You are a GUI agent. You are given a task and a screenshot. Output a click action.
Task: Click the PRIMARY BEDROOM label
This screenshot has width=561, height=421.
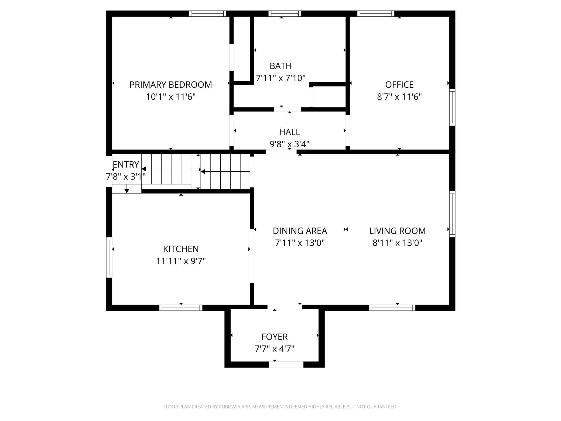170,85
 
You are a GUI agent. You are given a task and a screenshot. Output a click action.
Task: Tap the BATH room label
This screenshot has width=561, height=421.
280,66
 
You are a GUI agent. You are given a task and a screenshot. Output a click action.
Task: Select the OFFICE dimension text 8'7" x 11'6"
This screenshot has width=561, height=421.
399,97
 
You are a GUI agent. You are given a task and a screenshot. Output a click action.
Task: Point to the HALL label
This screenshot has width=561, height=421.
289,132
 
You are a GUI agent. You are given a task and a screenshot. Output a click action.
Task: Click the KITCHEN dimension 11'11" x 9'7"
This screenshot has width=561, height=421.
181,261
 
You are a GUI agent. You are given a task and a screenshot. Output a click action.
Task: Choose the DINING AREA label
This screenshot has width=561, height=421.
300,231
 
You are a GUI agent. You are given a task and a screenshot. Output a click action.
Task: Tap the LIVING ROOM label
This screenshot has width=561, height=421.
397,231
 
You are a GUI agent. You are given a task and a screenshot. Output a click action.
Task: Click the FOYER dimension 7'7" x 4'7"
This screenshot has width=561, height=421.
274,349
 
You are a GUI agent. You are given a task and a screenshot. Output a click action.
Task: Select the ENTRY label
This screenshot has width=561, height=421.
126,164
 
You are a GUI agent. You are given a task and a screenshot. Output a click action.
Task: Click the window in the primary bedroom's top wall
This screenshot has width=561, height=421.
207,13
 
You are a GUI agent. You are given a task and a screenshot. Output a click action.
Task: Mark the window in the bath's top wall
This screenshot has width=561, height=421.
285,13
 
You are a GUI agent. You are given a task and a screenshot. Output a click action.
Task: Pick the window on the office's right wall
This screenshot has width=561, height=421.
452,107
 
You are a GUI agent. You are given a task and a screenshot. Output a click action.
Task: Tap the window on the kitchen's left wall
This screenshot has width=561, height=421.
109,257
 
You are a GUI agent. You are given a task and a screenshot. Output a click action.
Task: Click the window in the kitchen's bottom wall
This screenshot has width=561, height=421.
181,308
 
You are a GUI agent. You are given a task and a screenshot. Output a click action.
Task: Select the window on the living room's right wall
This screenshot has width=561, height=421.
452,214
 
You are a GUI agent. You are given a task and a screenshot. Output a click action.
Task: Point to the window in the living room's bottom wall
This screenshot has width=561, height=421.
392,308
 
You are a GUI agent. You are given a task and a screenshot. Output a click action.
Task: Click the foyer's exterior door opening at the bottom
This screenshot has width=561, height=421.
286,365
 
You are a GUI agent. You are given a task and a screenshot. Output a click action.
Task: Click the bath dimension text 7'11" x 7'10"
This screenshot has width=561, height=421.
280,78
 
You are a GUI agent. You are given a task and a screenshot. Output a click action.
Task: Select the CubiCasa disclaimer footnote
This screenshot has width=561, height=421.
280,407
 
